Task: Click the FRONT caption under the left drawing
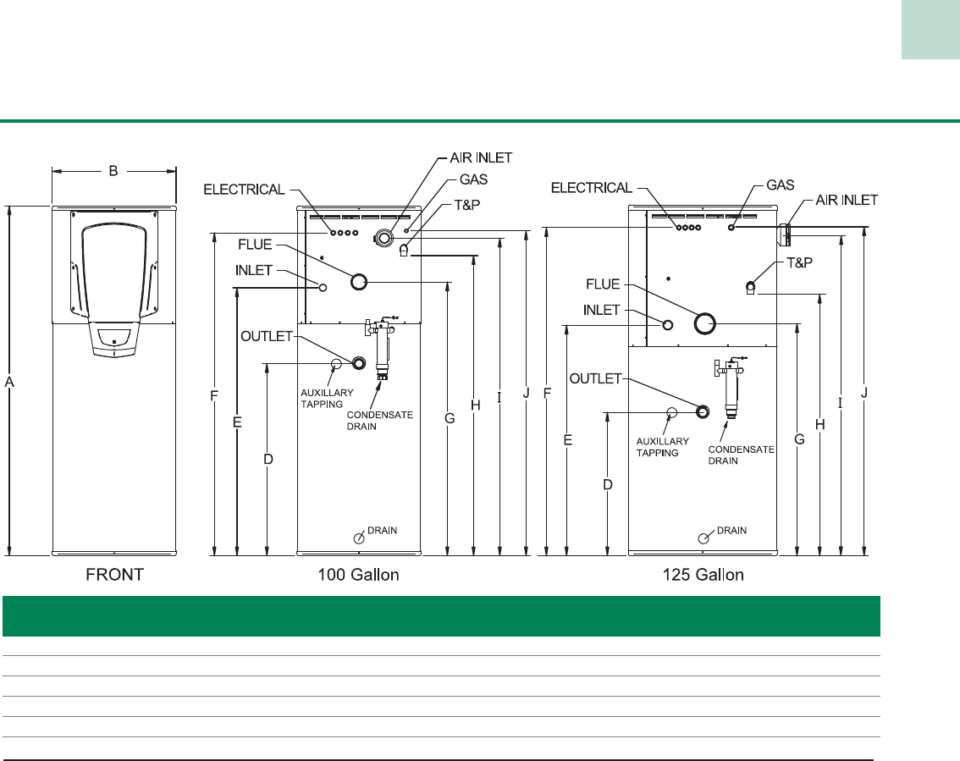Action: [115, 575]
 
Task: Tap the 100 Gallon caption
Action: [358, 575]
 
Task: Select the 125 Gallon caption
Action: [702, 575]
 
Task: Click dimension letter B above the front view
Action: [113, 171]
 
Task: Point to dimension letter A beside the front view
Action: [9, 383]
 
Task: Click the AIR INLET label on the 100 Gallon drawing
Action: [480, 158]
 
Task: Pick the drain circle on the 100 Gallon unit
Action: [359, 538]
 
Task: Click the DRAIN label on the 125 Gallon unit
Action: [732, 531]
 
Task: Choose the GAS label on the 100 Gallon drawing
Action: [473, 180]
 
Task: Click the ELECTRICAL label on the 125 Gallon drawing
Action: [592, 187]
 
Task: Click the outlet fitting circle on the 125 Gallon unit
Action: [702, 411]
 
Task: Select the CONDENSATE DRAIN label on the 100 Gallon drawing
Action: [377, 421]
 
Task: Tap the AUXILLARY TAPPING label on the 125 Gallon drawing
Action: [658, 447]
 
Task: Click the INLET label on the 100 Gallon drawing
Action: [253, 272]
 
